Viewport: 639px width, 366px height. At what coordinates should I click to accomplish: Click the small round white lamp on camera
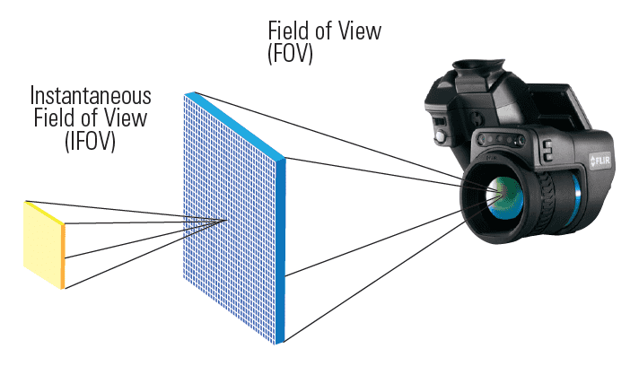tap(442, 136)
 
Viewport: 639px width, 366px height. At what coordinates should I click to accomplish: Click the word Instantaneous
tap(91, 96)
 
